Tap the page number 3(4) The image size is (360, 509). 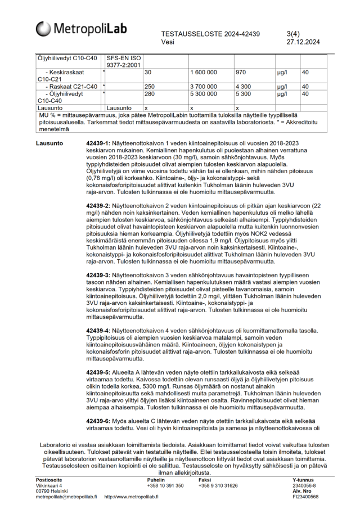pos(295,34)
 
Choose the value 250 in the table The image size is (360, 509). pos(150,87)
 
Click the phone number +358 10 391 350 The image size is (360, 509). pos(165,485)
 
